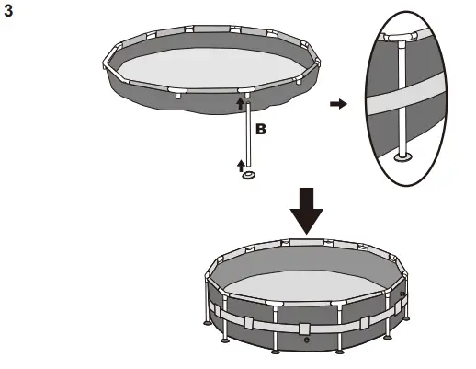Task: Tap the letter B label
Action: click(260, 131)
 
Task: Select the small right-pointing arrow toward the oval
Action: click(338, 105)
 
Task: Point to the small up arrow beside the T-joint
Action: click(239, 105)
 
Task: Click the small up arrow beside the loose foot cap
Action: click(242, 165)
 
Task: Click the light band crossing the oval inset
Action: click(404, 105)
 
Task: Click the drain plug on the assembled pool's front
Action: click(306, 339)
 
